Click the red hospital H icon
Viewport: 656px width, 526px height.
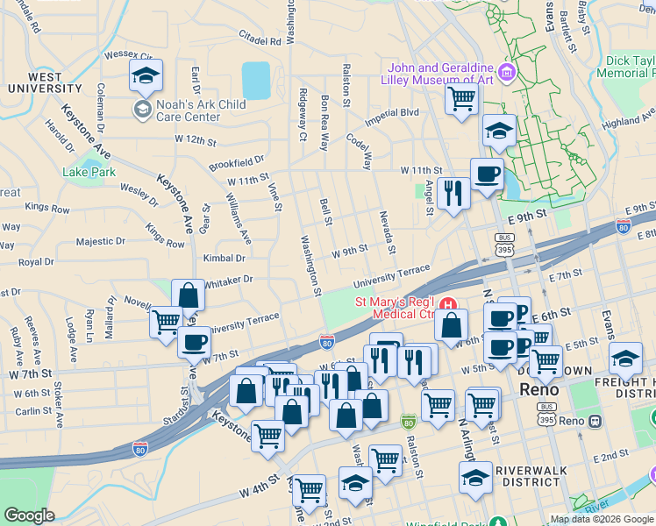[x=449, y=304]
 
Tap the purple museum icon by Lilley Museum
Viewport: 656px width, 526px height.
[x=506, y=70]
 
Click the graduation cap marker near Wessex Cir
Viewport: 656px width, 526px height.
[x=146, y=77]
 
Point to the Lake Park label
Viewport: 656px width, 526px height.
[x=89, y=172]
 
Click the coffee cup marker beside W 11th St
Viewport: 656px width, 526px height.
[x=487, y=174]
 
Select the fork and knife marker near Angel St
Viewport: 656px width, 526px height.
[x=453, y=192]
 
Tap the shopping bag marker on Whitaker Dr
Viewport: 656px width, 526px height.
[x=189, y=295]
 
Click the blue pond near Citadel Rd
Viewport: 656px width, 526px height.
[x=256, y=80]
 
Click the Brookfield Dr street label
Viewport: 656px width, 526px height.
[x=236, y=163]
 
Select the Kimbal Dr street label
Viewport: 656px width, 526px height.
[x=224, y=259]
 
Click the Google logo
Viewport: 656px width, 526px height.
[x=29, y=515]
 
